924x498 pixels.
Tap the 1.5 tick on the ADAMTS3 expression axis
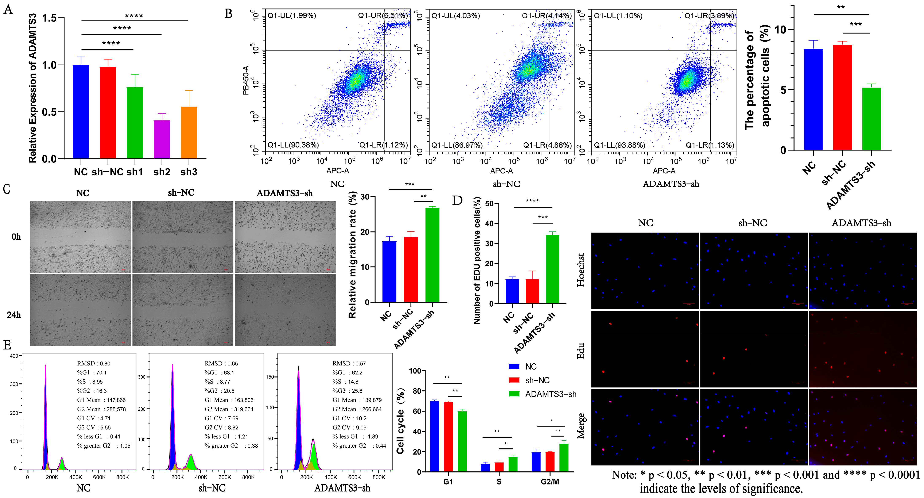pyautogui.click(x=50, y=18)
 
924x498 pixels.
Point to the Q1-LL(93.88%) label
pyautogui.click(x=619, y=145)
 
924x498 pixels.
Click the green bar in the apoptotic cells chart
pyautogui.click(x=871, y=118)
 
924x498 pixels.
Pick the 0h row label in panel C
pyautogui.click(x=16, y=237)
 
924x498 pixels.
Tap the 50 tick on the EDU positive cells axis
pyautogui.click(x=489, y=204)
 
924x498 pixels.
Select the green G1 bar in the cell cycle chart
pyautogui.click(x=462, y=441)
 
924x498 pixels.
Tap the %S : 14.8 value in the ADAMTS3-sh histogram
pyautogui.click(x=345, y=382)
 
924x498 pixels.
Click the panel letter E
pyautogui.click(x=7, y=345)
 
